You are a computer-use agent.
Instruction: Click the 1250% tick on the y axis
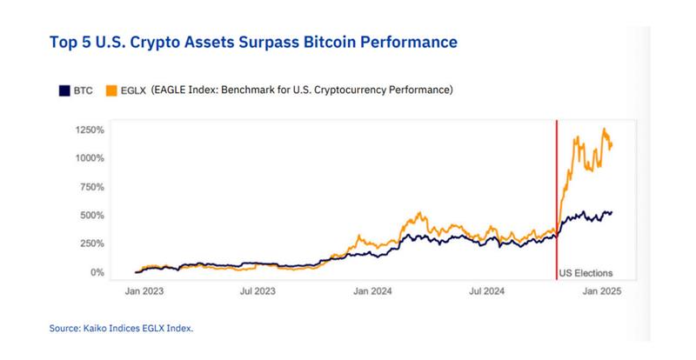[90, 130]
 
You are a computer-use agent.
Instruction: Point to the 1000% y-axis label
[90, 158]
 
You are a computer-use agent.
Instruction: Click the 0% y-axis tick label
[97, 272]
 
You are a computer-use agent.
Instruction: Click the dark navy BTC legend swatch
[64, 90]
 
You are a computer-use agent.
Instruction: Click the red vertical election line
[557, 200]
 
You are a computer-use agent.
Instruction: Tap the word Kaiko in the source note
[96, 329]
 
